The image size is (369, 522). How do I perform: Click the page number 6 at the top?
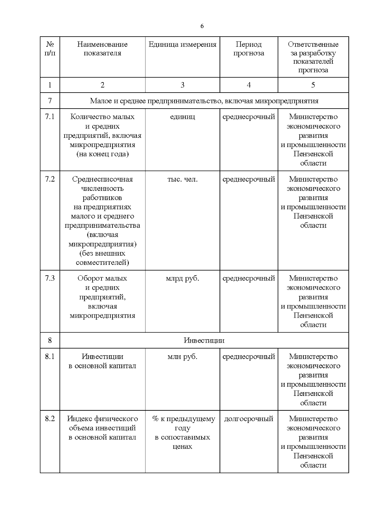point(202,26)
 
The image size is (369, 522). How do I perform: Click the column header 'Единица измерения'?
point(182,44)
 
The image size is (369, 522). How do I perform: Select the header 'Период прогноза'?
point(248,49)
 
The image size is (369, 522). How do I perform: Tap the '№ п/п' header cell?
point(50,49)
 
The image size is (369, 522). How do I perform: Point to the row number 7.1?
point(50,117)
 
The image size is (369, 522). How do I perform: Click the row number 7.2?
point(50,179)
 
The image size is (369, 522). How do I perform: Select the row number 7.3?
point(50,278)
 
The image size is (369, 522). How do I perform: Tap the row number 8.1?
point(50,357)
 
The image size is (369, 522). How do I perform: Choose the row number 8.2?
point(50,419)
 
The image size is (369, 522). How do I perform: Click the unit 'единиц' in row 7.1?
point(182,117)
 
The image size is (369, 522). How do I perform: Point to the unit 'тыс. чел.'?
point(182,179)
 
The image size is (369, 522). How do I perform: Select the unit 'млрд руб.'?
point(182,278)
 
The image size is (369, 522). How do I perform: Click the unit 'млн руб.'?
point(182,357)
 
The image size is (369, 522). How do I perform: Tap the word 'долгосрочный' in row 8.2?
point(248,419)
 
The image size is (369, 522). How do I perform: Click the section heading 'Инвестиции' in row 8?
point(204,341)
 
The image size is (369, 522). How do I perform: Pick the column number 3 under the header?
point(182,85)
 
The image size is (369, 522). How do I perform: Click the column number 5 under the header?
point(313,85)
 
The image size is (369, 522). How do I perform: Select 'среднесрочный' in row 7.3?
point(248,278)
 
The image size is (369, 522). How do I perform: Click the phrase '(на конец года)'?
point(102,154)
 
